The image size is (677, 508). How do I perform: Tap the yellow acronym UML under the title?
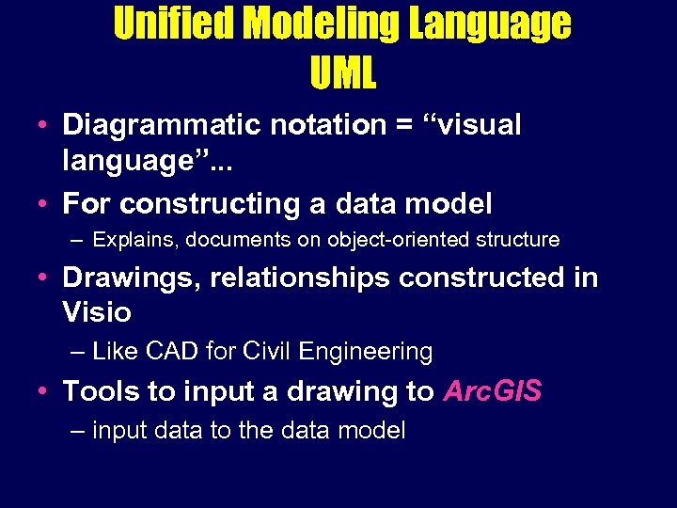click(x=342, y=73)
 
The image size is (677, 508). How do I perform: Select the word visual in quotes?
click(x=479, y=125)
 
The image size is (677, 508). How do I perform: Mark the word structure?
click(x=516, y=240)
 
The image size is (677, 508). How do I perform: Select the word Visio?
click(x=96, y=311)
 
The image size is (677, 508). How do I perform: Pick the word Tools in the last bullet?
click(x=98, y=390)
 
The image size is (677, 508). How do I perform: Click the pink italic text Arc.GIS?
click(x=492, y=390)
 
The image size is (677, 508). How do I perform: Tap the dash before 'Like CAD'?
click(x=79, y=352)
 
